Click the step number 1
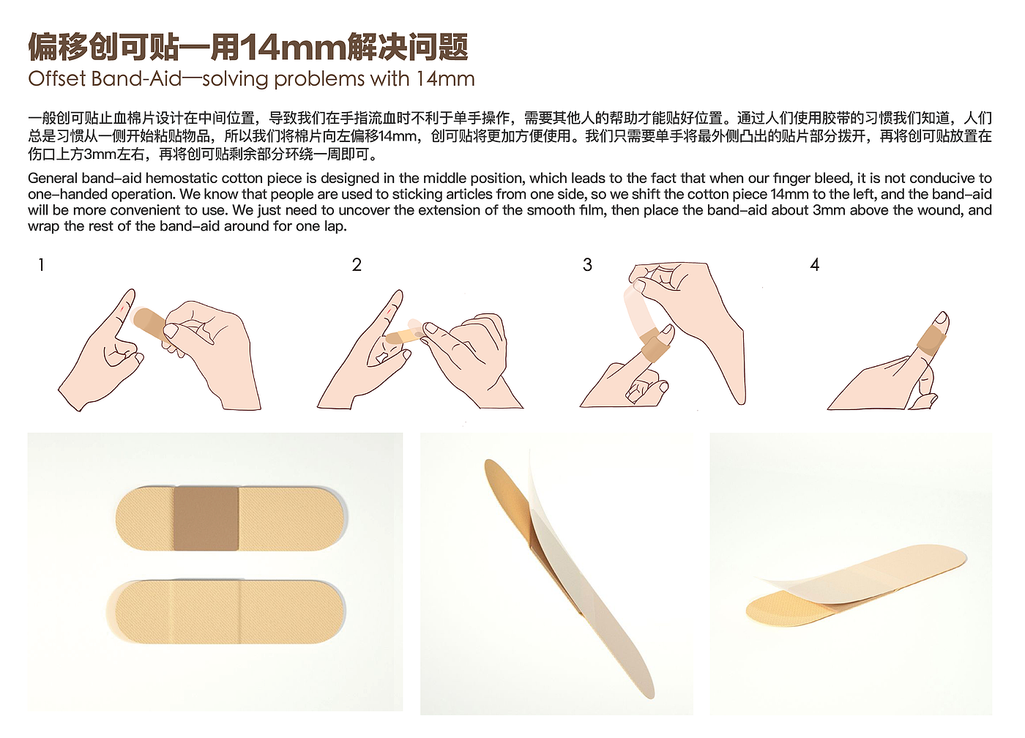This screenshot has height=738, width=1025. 41,265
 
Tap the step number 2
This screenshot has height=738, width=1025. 357,265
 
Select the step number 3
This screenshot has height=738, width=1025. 587,265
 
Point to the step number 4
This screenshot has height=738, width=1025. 814,265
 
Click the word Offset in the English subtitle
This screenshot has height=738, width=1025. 57,78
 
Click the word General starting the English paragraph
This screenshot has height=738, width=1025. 53,178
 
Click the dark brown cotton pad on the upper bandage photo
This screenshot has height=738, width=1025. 206,518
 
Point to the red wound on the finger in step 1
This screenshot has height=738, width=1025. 122,310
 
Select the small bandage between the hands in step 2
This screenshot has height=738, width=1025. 404,335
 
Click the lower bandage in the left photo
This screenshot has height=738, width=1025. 225,612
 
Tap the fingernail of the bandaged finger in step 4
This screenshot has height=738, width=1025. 941,318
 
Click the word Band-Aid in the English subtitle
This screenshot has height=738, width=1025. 137,78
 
